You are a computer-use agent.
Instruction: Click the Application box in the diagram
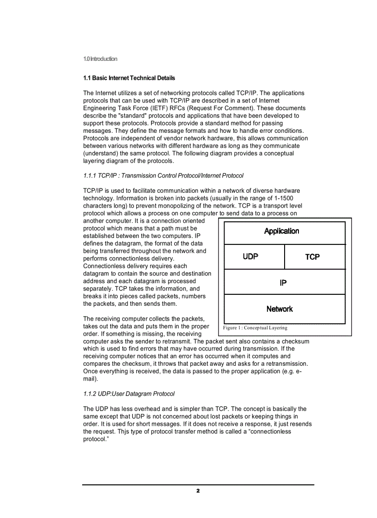pos(282,232)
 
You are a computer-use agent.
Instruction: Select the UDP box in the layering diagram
pos(250,256)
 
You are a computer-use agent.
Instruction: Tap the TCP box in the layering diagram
pos(312,257)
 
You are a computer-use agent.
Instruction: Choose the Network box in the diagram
pos(280,309)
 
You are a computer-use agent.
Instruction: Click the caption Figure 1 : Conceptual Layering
pos(255,328)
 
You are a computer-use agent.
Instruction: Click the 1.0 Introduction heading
pos(100,59)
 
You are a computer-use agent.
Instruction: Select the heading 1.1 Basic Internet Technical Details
pos(129,78)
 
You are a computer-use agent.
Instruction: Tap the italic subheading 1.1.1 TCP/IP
pos(163,176)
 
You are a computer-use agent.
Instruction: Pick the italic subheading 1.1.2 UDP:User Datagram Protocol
pos(129,394)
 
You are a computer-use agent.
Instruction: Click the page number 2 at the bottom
pos(198,491)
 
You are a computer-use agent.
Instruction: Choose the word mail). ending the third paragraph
pos(91,379)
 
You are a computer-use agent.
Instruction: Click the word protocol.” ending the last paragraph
pos(95,439)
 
